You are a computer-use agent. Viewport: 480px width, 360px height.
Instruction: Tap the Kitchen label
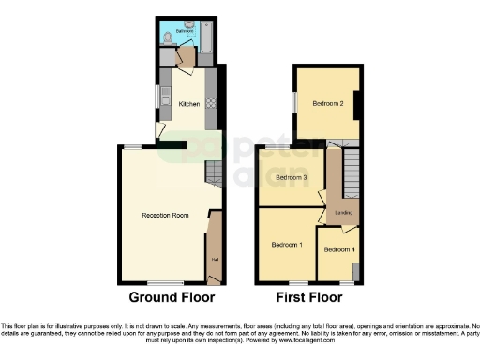click(189, 104)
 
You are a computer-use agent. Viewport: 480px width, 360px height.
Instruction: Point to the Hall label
click(214, 260)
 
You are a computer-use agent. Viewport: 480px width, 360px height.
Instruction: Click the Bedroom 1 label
click(287, 244)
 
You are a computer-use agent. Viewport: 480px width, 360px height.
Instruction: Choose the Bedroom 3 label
click(292, 177)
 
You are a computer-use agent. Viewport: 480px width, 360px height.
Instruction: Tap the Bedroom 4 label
click(338, 249)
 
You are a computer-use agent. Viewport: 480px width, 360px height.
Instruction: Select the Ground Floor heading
click(171, 297)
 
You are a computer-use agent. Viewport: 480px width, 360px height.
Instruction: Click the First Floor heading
click(309, 297)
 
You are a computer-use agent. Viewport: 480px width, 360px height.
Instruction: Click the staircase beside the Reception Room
click(213, 173)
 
